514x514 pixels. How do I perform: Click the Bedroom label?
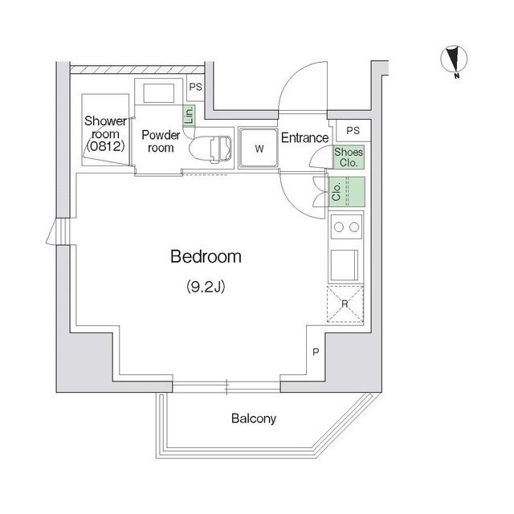pyautogui.click(x=206, y=257)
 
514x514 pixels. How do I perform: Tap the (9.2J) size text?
pyautogui.click(x=206, y=287)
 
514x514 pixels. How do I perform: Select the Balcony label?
pyautogui.click(x=254, y=418)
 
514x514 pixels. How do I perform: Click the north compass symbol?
pyautogui.click(x=454, y=61)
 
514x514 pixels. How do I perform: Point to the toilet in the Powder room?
pyautogui.click(x=210, y=149)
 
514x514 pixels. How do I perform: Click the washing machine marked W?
pyautogui.click(x=259, y=148)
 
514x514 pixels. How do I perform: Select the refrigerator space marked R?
pyautogui.click(x=345, y=304)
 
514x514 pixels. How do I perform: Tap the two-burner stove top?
pyautogui.click(x=346, y=226)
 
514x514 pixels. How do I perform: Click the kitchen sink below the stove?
pyautogui.click(x=345, y=265)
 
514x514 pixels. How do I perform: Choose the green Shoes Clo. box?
pyautogui.click(x=349, y=157)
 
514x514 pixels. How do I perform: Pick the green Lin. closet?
pyautogui.click(x=190, y=115)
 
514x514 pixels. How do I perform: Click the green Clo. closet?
pyautogui.click(x=347, y=192)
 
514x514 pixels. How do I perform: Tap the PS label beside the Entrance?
pyautogui.click(x=353, y=130)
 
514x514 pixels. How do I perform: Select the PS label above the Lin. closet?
pyautogui.click(x=196, y=87)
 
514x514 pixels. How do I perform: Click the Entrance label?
pyautogui.click(x=305, y=137)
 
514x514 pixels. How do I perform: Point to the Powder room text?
pyautogui.click(x=161, y=141)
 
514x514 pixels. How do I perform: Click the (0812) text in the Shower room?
pyautogui.click(x=105, y=146)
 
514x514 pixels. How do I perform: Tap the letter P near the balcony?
pyautogui.click(x=316, y=352)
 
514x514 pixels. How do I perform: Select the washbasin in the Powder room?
pyautogui.click(x=159, y=93)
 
